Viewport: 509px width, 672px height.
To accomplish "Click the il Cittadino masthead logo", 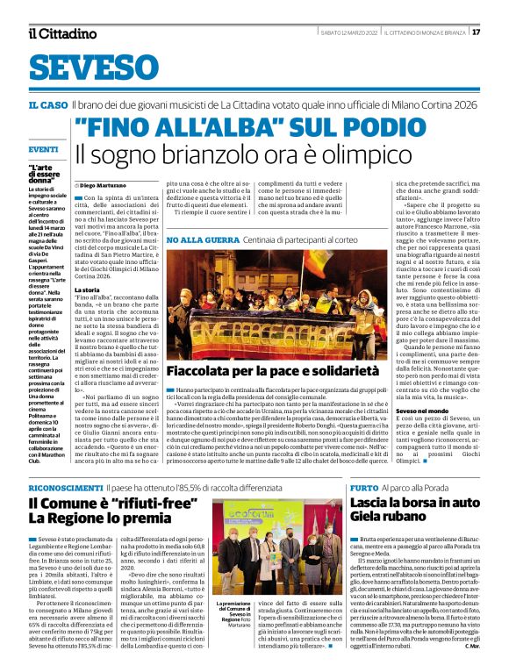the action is click(x=61, y=32).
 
